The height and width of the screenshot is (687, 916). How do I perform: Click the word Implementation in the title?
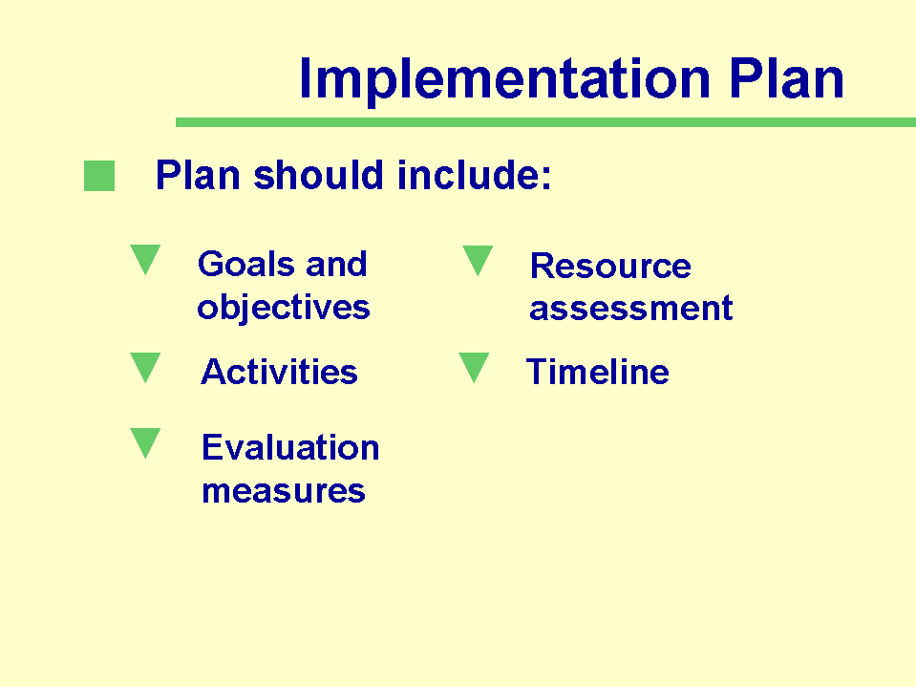point(504,79)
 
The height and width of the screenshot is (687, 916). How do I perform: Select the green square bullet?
point(99,176)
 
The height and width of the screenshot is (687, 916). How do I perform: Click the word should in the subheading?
point(318,175)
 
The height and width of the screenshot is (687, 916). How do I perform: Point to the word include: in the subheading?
point(475,175)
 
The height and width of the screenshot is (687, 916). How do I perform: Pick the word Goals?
point(245,264)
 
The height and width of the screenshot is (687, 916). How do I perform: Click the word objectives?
point(284,308)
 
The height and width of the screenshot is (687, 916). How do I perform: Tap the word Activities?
point(279,372)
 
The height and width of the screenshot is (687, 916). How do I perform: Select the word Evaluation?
point(290,447)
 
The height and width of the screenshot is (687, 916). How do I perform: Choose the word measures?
point(284,491)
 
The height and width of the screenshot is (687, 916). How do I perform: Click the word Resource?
point(610,266)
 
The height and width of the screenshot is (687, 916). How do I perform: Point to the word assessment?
point(631,309)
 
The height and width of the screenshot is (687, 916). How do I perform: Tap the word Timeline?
point(598,372)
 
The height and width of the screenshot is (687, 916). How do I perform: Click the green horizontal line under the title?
point(545,122)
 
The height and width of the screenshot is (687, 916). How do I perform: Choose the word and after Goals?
point(336,264)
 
